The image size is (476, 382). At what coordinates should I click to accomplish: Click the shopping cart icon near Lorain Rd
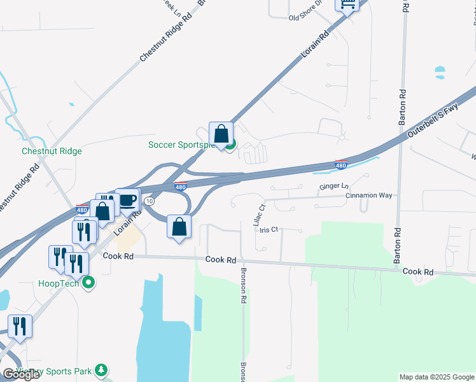tap(347, 5)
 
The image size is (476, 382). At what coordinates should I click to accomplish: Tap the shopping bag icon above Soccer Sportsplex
tap(221, 134)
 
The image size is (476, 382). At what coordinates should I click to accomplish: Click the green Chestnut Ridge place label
tap(52, 151)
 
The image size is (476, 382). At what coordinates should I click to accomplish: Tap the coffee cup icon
tap(127, 199)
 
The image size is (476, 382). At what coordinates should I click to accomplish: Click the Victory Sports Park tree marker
tap(100, 370)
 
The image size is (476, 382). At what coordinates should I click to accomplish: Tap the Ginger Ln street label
tap(334, 187)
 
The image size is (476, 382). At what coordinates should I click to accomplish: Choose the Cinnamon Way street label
tap(371, 196)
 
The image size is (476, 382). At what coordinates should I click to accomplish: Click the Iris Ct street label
tap(269, 229)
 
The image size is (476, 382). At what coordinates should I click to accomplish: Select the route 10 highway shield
tap(149, 201)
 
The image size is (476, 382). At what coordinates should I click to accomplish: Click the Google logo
tap(21, 374)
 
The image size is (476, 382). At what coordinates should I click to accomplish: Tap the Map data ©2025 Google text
tap(437, 377)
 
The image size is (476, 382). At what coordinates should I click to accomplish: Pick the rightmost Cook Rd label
tap(417, 271)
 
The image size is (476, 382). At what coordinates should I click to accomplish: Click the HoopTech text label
tap(58, 283)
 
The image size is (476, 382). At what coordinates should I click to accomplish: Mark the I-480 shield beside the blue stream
tap(341, 165)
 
